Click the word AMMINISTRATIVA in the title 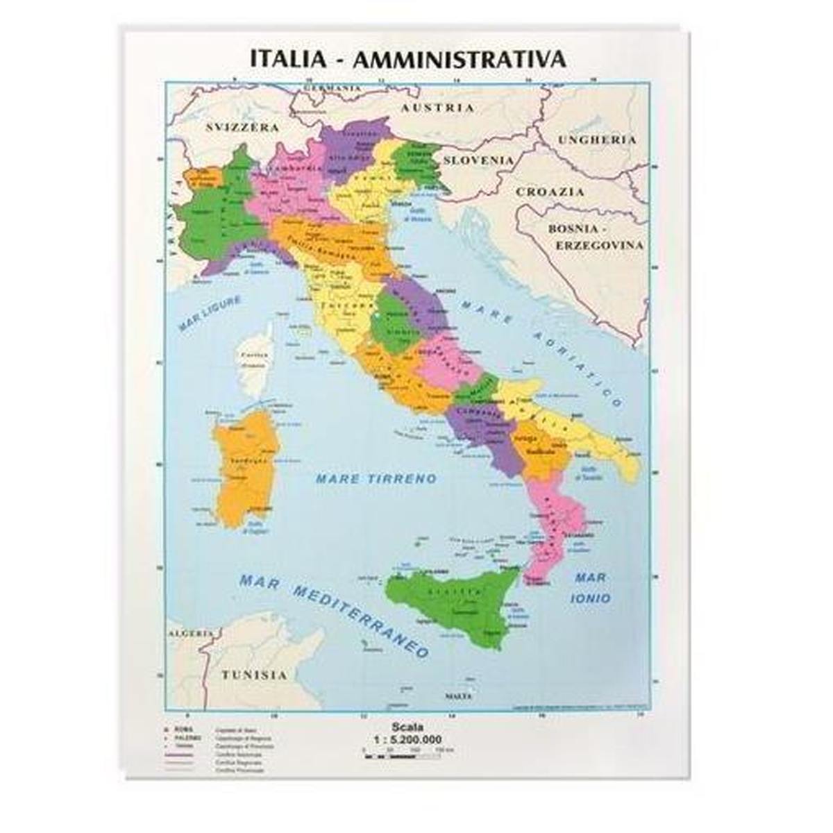(460, 58)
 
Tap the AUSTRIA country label (439, 108)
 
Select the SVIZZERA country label (243, 128)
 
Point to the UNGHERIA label (597, 140)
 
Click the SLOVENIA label (479, 160)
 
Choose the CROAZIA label (550, 192)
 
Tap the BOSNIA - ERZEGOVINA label (594, 236)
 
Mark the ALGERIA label (190, 633)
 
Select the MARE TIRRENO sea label (376, 479)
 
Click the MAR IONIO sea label (591, 587)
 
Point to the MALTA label (458, 696)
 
